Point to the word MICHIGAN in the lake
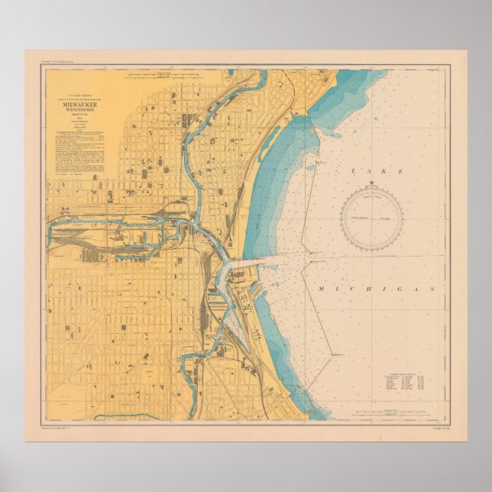(x=380, y=290)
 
